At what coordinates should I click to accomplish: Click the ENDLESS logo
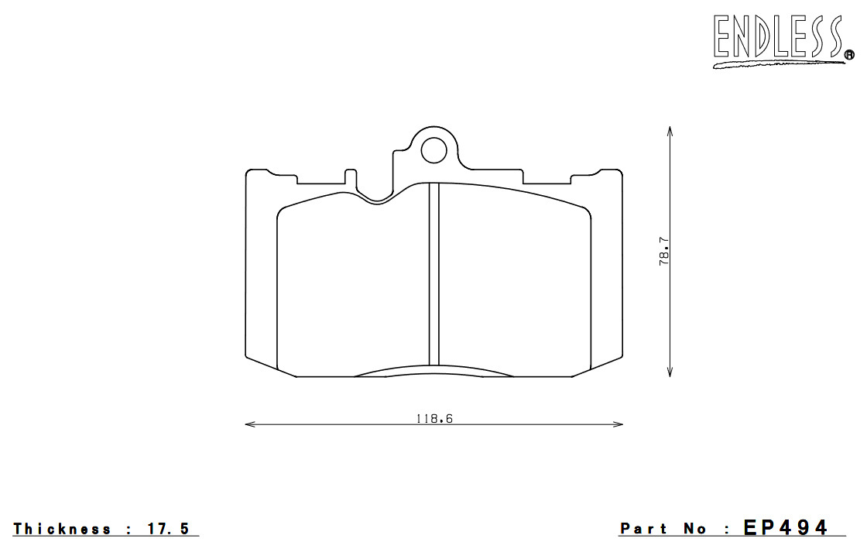point(783,39)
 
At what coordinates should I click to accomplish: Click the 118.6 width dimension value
point(434,419)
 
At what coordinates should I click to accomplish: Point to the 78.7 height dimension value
point(663,252)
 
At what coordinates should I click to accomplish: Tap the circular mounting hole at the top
point(433,150)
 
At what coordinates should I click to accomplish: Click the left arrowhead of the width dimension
point(250,424)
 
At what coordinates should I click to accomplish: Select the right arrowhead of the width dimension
point(618,424)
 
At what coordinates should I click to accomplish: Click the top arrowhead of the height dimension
point(670,132)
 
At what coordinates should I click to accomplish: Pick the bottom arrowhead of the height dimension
point(670,372)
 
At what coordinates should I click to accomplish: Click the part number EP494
point(786,527)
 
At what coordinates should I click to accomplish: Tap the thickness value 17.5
point(169,529)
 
